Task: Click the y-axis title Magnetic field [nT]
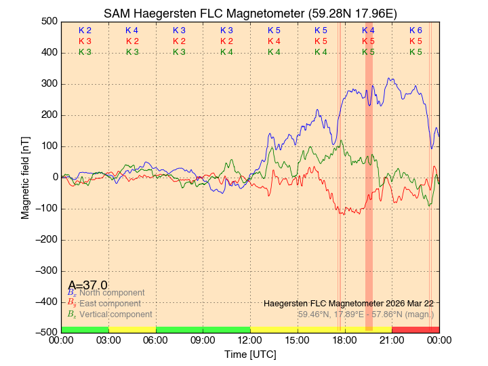[x=25, y=176]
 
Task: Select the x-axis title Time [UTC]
[x=250, y=354]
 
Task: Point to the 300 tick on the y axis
[x=48, y=84]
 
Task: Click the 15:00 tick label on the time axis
[x=298, y=342]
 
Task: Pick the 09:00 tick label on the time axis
[x=203, y=342]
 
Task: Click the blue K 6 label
[x=415, y=30]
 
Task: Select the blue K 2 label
[x=85, y=30]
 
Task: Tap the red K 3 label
[x=85, y=41]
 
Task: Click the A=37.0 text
[x=87, y=285]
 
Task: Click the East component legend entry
[x=110, y=304]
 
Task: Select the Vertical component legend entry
[x=115, y=314]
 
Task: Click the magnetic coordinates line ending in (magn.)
[x=366, y=314]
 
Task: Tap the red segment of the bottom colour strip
[x=415, y=329]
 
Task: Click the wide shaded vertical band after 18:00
[x=369, y=176]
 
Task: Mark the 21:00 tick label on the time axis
[x=392, y=342]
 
